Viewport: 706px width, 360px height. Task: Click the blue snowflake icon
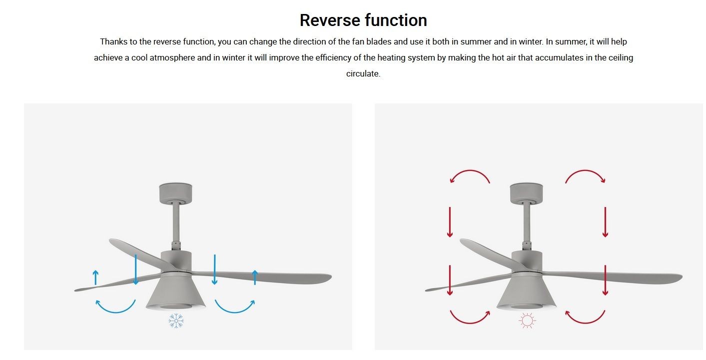click(x=176, y=321)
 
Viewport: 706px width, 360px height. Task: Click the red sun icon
click(x=527, y=321)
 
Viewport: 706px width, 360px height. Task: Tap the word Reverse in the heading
click(x=330, y=20)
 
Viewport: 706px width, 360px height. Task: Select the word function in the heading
click(x=396, y=20)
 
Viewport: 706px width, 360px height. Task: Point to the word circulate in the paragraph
click(x=363, y=74)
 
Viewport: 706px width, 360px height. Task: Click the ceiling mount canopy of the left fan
click(x=175, y=193)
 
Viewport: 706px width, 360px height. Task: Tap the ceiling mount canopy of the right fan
click(x=526, y=193)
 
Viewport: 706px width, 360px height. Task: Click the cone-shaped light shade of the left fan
click(x=175, y=291)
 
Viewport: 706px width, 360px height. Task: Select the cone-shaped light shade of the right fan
click(x=526, y=291)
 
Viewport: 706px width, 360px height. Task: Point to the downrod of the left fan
click(x=176, y=222)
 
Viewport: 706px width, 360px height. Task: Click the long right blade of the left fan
click(x=262, y=277)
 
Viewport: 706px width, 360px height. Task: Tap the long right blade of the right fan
click(x=613, y=277)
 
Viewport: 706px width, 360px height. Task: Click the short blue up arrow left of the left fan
click(x=95, y=277)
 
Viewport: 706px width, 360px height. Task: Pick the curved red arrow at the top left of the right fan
click(x=470, y=171)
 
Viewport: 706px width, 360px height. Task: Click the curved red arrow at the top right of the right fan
click(x=585, y=171)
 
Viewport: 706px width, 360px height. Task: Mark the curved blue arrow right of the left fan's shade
click(x=235, y=312)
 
